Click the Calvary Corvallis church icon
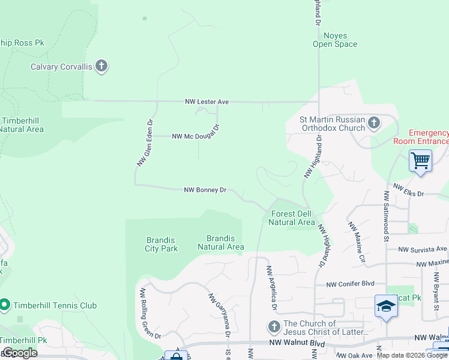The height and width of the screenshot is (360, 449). pos(101,66)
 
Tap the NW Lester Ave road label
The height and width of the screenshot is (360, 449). pos(206,102)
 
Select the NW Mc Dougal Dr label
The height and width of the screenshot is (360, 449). pos(196,135)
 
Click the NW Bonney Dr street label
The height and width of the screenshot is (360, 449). pos(205,190)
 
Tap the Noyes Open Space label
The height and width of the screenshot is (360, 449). pos(335,40)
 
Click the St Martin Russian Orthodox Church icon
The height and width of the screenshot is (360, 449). pos(374,124)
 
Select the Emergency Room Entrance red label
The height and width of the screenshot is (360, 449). pos(421,137)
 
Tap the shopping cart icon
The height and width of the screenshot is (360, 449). pos(421,160)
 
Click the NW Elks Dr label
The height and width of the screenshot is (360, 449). pos(408,190)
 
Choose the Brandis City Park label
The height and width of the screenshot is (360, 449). pos(161,244)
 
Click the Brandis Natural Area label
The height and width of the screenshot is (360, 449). pos(221,242)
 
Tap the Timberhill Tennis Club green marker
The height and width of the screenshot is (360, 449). pos(4,305)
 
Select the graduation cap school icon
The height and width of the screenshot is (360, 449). pos(386,307)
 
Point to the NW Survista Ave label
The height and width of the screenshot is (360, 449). pos(423,249)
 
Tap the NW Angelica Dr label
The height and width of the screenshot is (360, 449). pos(271,287)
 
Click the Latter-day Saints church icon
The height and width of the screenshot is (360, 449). pos(274,327)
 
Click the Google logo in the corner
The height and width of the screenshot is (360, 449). pos(19,352)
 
